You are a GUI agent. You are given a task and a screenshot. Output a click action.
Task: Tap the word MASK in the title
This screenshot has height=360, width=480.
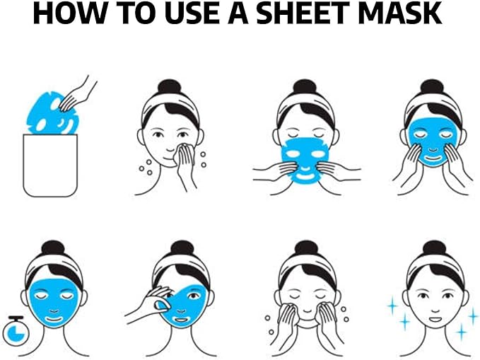399,13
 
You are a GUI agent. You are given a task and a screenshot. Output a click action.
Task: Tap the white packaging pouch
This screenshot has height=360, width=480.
50,166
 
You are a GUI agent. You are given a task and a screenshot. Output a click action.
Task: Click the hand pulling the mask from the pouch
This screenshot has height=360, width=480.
78,93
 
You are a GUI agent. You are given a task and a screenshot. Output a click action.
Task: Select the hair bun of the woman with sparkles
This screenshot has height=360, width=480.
432,249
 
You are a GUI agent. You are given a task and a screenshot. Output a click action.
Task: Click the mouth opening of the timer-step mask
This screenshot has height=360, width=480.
54,320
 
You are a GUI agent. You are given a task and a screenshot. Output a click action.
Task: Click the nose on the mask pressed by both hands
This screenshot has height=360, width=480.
433,150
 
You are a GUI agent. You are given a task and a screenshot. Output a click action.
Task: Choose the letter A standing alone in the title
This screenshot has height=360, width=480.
238,13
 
